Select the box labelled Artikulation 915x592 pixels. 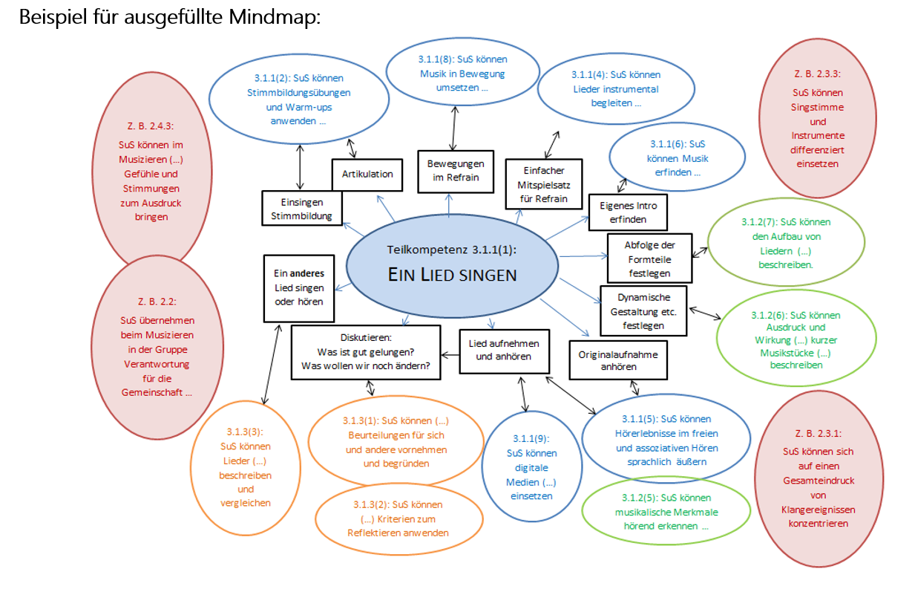[x=367, y=175]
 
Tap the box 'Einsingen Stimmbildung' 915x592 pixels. [x=301, y=209]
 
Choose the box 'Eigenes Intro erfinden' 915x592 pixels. [x=628, y=212]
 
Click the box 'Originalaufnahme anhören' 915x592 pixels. [x=618, y=361]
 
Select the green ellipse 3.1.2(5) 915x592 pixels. [x=652, y=511]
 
